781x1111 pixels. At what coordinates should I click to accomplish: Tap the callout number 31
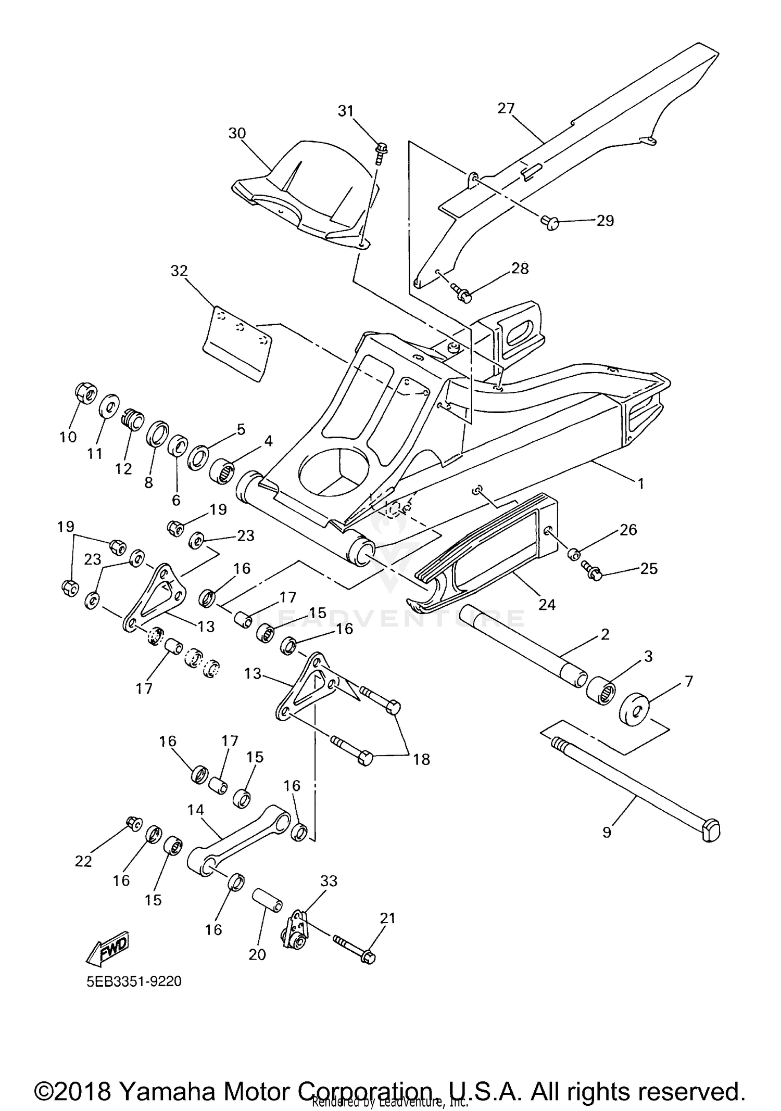[x=346, y=111]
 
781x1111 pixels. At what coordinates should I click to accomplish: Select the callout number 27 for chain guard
[x=506, y=108]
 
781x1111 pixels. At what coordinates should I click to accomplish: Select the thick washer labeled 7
[x=634, y=708]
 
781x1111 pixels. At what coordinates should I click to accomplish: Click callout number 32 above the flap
[x=179, y=271]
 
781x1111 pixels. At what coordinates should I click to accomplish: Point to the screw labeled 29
[x=549, y=223]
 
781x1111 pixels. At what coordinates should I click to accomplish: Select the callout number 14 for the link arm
[x=196, y=810]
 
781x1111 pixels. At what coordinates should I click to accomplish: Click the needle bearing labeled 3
[x=601, y=689]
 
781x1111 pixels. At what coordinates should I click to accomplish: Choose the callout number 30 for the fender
[x=237, y=134]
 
